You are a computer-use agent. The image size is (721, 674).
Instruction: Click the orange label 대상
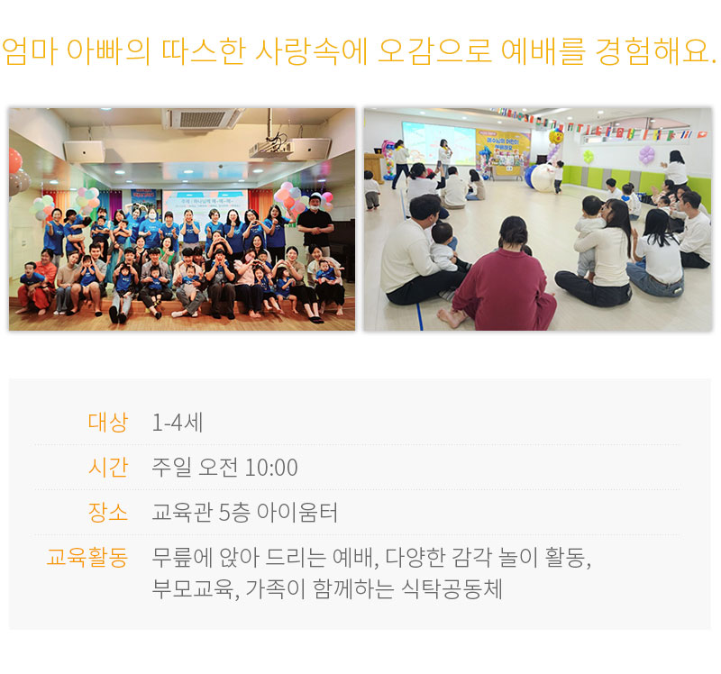[x=107, y=422]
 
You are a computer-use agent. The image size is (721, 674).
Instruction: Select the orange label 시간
[x=107, y=467]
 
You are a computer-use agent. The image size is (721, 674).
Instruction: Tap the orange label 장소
[x=107, y=512]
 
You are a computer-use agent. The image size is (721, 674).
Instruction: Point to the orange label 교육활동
[x=87, y=557]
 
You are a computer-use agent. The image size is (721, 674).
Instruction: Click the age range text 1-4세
[x=178, y=422]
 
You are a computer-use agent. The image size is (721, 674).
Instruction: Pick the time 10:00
[x=271, y=468]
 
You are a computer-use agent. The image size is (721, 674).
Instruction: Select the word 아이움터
[x=297, y=512]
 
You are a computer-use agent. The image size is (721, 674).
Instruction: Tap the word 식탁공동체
[x=452, y=588]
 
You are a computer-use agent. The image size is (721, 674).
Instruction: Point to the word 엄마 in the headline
[x=31, y=50]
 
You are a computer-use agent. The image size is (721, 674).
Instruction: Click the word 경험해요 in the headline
[x=652, y=50]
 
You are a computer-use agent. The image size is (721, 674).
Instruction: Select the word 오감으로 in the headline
[x=434, y=50]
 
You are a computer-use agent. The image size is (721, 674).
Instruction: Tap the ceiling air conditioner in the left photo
[x=202, y=119]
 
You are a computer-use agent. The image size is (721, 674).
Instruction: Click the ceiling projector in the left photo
[x=271, y=146]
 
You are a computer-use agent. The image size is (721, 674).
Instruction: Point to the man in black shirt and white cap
[x=315, y=225]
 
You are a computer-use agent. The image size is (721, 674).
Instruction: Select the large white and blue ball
[x=542, y=178]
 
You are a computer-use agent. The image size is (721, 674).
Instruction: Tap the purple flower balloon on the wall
[x=646, y=154]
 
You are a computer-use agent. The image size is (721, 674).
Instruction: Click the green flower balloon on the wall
[x=589, y=156]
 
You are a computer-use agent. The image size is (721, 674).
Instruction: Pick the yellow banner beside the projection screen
[x=503, y=152]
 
